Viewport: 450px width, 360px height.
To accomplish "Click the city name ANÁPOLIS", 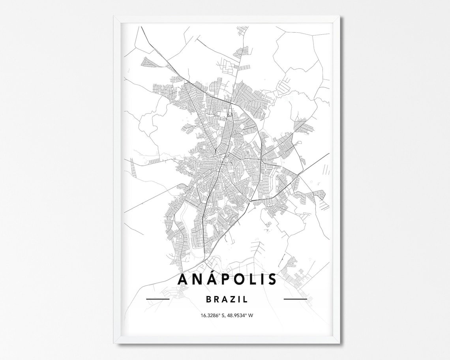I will click(227, 279).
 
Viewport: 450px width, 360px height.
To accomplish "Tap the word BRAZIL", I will click(227, 300).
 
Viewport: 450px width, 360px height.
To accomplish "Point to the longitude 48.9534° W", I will click(240, 315).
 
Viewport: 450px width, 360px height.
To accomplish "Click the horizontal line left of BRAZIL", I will click(157, 299).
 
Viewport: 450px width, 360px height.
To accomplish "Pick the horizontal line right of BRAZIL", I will click(295, 299).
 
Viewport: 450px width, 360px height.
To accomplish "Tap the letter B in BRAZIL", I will click(208, 300).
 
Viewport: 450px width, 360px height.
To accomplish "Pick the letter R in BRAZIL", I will click(216, 300).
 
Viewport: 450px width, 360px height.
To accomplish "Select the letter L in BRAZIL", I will click(246, 300).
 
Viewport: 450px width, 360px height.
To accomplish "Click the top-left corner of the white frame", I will click(114, 17).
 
